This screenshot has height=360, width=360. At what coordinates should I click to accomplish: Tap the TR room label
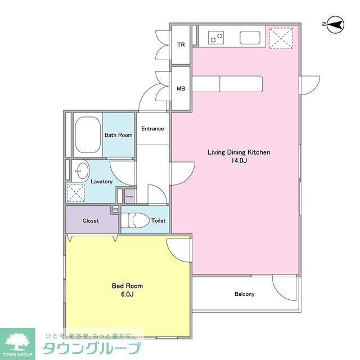click(x=181, y=45)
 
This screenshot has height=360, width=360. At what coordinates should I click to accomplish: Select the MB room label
click(x=181, y=89)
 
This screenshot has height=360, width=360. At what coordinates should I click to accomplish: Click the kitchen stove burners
click(x=215, y=38)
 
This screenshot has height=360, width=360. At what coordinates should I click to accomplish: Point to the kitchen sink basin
click(x=250, y=38)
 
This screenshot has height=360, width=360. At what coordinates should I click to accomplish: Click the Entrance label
click(x=152, y=129)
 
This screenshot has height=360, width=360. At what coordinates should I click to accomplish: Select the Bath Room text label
click(x=118, y=135)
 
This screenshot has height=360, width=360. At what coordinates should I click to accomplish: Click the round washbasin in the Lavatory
click(x=82, y=169)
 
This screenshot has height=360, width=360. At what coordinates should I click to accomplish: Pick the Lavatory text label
click(x=101, y=182)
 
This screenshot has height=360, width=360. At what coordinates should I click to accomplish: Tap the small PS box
click(x=115, y=209)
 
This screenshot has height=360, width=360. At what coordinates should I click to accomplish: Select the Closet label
click(x=91, y=221)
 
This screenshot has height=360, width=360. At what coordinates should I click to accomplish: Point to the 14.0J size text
click(x=239, y=161)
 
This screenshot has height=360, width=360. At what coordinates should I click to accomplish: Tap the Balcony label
click(x=244, y=294)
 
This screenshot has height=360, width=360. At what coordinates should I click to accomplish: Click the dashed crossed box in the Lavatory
click(x=75, y=192)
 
